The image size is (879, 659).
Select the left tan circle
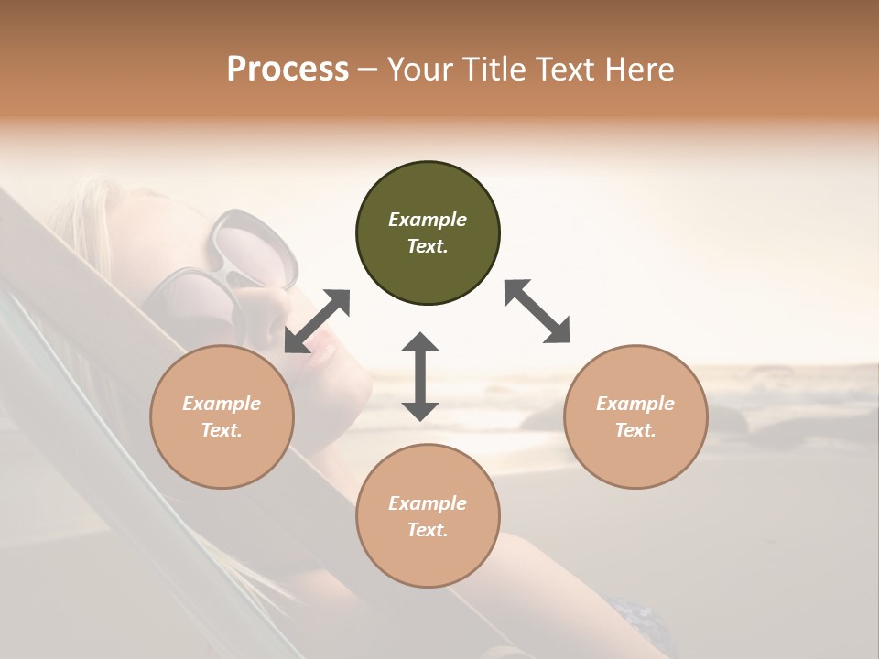click(222, 416)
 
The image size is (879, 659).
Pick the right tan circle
click(635, 416)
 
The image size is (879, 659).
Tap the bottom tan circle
click(428, 516)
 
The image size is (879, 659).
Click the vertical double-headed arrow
click(420, 376)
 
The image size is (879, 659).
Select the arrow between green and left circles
click(318, 321)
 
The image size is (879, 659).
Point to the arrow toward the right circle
click(537, 311)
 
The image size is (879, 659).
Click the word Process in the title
click(288, 69)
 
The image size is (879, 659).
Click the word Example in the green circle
click(428, 220)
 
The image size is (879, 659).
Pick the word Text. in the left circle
click(222, 430)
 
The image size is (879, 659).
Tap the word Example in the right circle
click(635, 404)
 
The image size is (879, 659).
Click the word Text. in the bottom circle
click(428, 530)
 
